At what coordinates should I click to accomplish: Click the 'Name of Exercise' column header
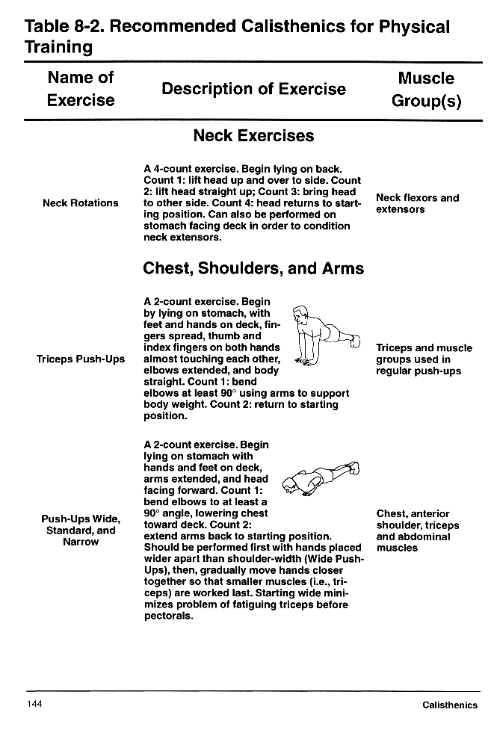pyautogui.click(x=80, y=89)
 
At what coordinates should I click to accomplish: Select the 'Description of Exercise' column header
pyautogui.click(x=253, y=90)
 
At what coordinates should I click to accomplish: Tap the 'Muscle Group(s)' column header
pyautogui.click(x=426, y=90)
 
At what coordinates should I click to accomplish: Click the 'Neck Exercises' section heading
pyautogui.click(x=253, y=136)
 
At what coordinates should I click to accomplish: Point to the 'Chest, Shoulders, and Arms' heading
pyautogui.click(x=253, y=268)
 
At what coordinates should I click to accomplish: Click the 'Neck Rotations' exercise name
pyautogui.click(x=80, y=203)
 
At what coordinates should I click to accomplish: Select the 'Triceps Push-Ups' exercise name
pyautogui.click(x=80, y=359)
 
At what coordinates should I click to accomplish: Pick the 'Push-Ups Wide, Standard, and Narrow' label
pyautogui.click(x=80, y=530)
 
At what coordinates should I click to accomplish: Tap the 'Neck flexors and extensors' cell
pyautogui.click(x=417, y=203)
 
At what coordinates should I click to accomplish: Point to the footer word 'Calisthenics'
pyautogui.click(x=449, y=705)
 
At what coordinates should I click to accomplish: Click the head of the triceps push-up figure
pyautogui.click(x=300, y=318)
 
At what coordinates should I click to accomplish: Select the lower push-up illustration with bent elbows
pyautogui.click(x=321, y=479)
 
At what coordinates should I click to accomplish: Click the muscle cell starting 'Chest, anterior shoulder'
pyautogui.click(x=417, y=531)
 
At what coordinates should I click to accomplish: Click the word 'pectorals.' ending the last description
pyautogui.click(x=169, y=616)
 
